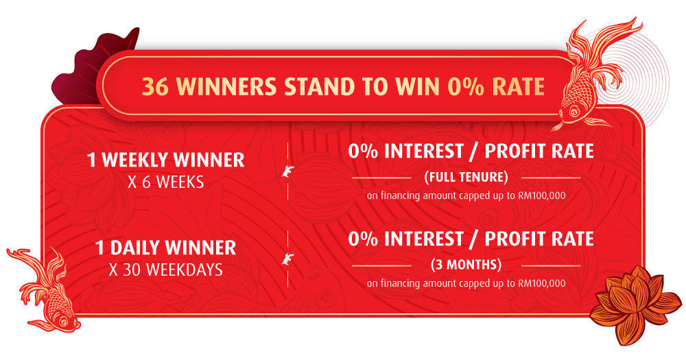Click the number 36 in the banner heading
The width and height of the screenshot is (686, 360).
pos(155,86)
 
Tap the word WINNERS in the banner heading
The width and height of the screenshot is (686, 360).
pos(228,86)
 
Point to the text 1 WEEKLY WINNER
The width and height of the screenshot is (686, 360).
pos(166,160)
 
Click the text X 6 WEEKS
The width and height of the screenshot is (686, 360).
pos(166,182)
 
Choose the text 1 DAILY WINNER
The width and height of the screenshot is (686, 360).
pos(166,248)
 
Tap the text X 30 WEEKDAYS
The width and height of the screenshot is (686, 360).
pos(166,270)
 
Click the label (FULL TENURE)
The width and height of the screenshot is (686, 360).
pos(466,177)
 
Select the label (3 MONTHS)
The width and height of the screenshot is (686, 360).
pos(466,265)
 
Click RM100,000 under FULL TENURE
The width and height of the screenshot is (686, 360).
pos(542,195)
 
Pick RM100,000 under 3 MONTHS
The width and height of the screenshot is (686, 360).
pos(542,283)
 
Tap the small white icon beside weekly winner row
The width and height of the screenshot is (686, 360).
pos(287,171)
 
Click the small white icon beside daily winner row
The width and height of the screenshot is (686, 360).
pos(287,259)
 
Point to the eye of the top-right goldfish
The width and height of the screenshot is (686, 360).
pos(573,112)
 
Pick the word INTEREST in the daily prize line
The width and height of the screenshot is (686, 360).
pos(423,239)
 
